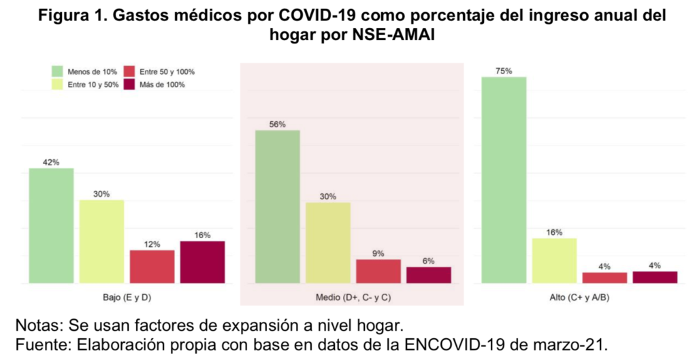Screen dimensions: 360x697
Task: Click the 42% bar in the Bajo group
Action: [51, 225]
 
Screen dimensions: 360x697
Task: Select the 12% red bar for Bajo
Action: [152, 266]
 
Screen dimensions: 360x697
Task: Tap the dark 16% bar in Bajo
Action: [202, 262]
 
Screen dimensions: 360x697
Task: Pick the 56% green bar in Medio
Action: [277, 206]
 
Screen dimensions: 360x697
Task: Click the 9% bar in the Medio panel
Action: [378, 271]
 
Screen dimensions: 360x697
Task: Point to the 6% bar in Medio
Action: [428, 275]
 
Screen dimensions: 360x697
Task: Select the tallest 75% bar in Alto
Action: [504, 180]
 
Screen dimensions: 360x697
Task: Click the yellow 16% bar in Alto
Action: [554, 260]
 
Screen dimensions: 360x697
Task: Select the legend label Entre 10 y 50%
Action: [93, 84]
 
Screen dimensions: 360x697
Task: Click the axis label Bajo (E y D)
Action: [127, 298]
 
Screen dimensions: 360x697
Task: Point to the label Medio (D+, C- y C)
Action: [353, 298]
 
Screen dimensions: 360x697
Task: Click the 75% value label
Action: [504, 71]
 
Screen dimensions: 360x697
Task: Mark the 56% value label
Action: [277, 125]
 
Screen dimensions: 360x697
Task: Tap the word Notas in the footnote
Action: [36, 323]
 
